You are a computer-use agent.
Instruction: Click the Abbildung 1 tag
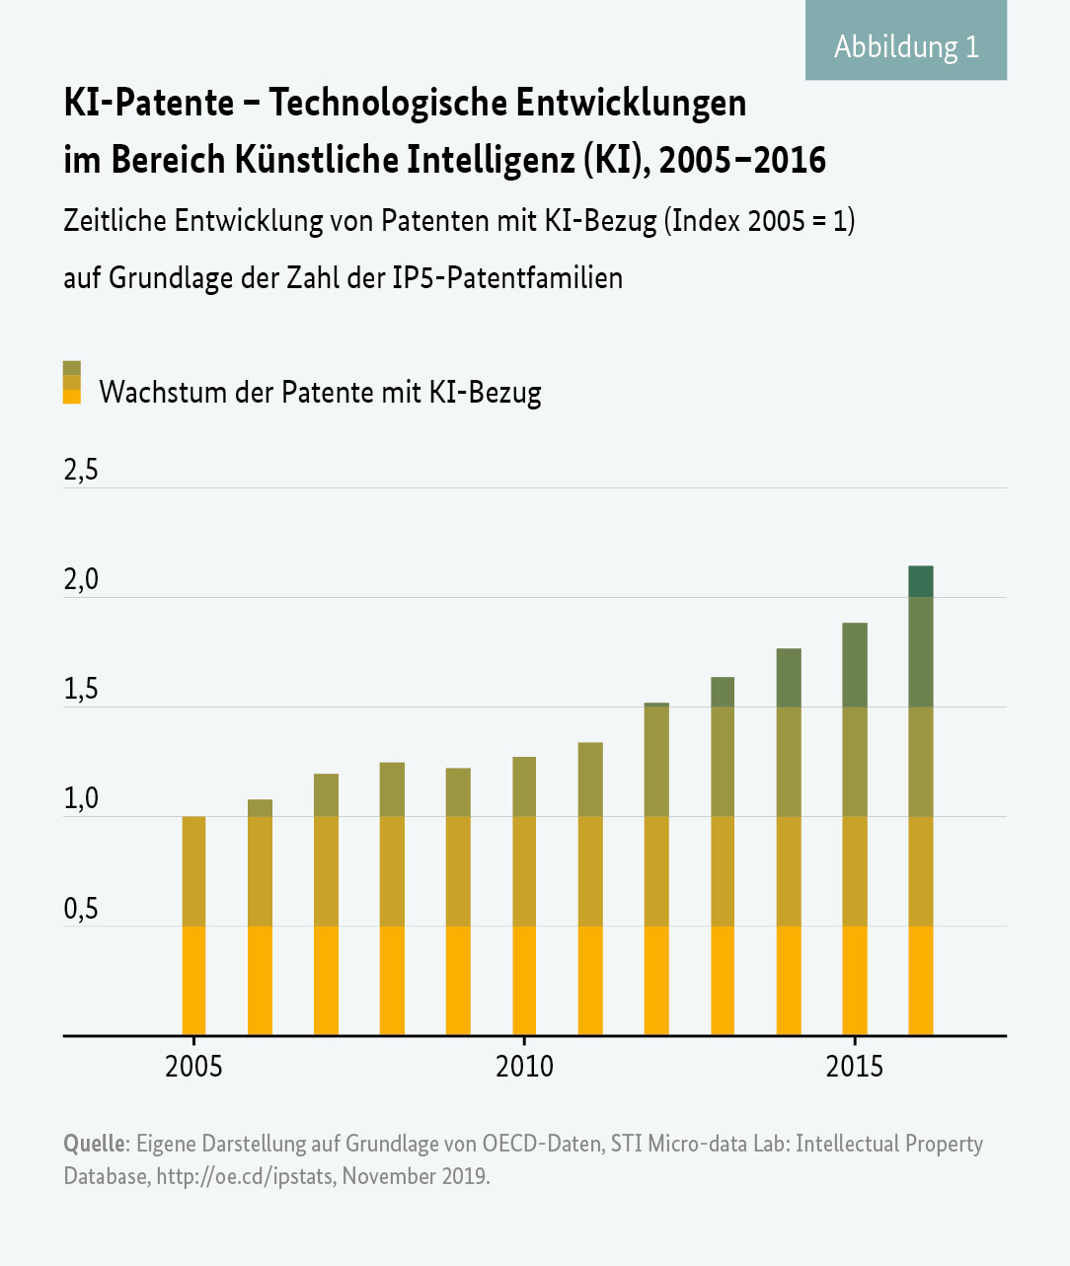click(x=906, y=45)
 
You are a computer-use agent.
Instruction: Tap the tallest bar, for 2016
click(x=920, y=799)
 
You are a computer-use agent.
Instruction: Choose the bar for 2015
click(x=854, y=829)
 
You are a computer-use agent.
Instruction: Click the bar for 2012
click(x=656, y=868)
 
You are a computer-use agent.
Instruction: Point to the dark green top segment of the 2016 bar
click(x=920, y=581)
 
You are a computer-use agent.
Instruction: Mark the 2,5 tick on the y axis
click(x=81, y=471)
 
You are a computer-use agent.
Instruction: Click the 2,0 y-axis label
click(x=81, y=579)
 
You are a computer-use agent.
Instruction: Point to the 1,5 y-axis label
click(x=81, y=689)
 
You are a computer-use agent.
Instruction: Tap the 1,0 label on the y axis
click(x=81, y=798)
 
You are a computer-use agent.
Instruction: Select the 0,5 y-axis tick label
click(x=81, y=909)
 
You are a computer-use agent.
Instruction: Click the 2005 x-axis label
click(x=193, y=1067)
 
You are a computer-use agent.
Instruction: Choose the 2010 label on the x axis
click(x=524, y=1067)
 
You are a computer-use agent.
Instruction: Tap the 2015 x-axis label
click(x=854, y=1067)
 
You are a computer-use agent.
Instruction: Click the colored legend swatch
click(x=71, y=382)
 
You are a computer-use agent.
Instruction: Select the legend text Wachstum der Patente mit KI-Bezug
click(x=320, y=392)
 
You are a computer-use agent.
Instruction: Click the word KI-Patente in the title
click(x=149, y=103)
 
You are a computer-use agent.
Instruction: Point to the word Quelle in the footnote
click(x=94, y=1144)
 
